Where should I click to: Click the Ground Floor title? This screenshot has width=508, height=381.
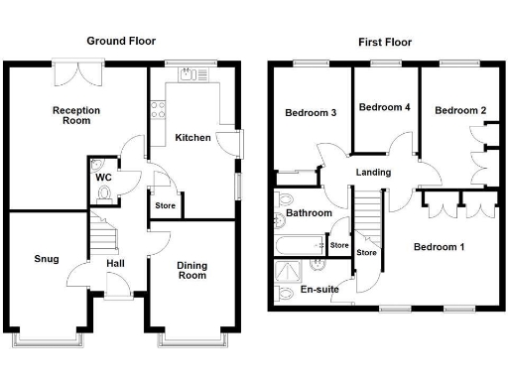pos(121,41)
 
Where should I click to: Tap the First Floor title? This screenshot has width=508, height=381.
pos(384,42)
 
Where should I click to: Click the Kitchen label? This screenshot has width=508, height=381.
pos(192,137)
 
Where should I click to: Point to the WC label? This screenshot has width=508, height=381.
pos(103,178)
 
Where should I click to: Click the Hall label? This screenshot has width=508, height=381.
pos(115,263)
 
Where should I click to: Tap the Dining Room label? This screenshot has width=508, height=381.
pos(191,270)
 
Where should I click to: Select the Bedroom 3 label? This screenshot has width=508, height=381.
pos(311,113)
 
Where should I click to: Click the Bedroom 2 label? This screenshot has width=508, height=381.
pos(460,110)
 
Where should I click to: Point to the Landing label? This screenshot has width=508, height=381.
pos(374,172)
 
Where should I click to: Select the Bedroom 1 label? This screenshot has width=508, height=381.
pos(439,246)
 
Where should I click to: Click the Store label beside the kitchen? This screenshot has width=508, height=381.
pos(165,205)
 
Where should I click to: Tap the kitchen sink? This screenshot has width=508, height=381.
pos(189,75)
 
